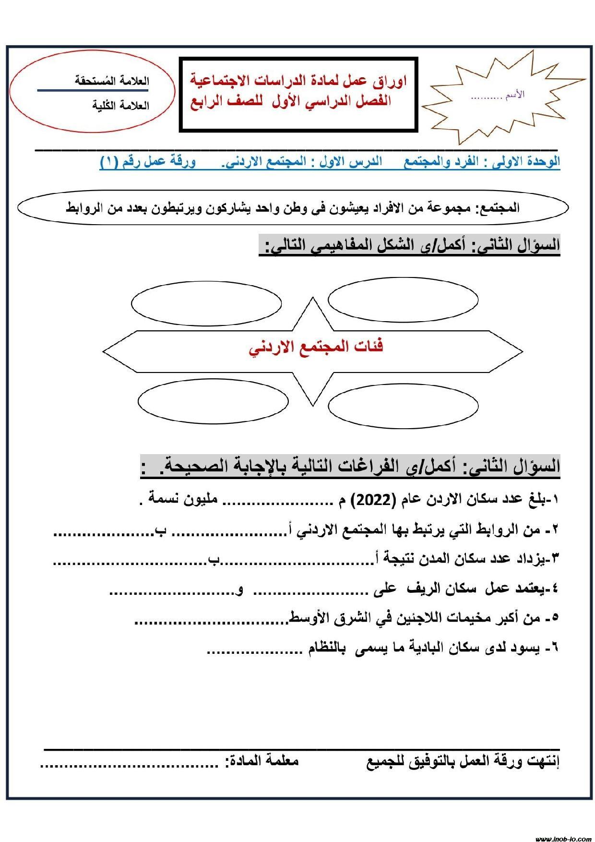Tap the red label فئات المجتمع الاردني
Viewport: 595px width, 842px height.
click(316, 348)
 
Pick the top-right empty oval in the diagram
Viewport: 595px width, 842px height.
click(403, 300)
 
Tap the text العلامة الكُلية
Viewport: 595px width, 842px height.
click(120, 106)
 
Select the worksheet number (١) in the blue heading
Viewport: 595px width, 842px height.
click(109, 162)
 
